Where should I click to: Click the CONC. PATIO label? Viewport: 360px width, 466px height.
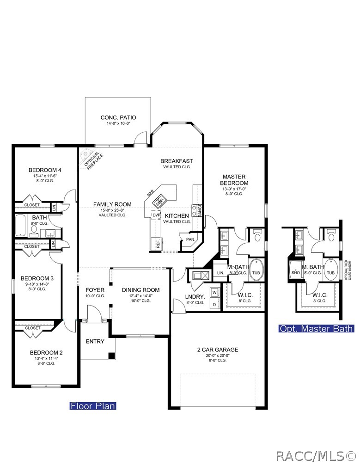coord(118,117)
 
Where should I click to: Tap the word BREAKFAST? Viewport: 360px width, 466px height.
coord(177,161)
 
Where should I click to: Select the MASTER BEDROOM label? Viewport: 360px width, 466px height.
coord(234,180)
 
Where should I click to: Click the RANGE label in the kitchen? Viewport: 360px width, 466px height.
coord(200,210)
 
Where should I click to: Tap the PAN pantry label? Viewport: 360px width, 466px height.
coord(190,239)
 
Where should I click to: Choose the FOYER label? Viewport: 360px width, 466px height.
coord(95,290)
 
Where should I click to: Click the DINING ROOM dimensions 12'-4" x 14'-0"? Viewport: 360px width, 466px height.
coord(140,295)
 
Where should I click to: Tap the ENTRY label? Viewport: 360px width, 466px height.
coord(95,342)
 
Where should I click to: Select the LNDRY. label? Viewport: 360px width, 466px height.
coord(195,296)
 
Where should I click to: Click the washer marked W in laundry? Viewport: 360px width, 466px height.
coord(214,292)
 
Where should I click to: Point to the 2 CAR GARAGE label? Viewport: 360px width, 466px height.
coord(217,349)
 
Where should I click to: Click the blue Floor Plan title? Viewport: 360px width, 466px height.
coord(92,406)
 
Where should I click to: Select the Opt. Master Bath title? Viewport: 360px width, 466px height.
coord(316,329)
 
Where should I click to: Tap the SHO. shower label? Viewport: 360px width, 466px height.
coord(296,273)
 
